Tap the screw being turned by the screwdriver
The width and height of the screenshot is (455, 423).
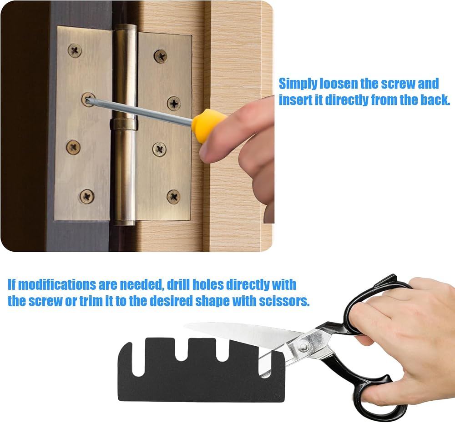pos(88,100)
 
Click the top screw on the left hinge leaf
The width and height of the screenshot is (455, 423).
pos(75,51)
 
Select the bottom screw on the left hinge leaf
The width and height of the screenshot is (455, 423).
pos(87,196)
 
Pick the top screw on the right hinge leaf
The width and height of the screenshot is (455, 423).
pos(161,56)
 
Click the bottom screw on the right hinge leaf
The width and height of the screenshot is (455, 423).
pos(173,197)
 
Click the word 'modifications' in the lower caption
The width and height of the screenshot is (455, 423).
pos(56,285)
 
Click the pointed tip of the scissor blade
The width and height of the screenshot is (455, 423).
pos(185,326)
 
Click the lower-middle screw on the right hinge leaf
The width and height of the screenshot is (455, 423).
pos(159,149)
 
